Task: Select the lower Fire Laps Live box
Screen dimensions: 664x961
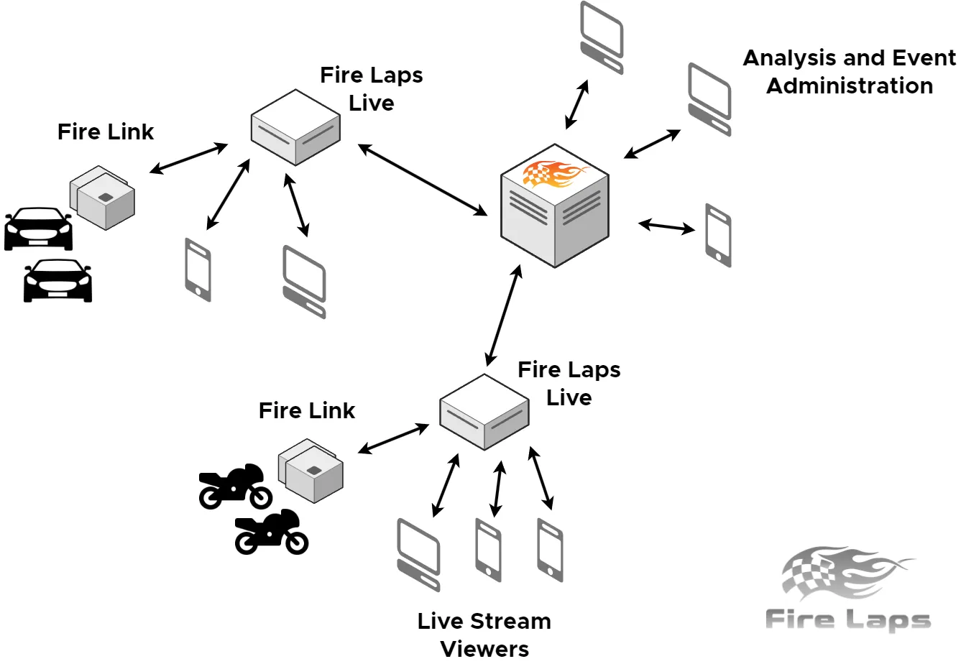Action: [484, 411]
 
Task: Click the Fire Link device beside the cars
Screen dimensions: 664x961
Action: [103, 197]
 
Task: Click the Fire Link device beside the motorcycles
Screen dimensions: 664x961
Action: [311, 471]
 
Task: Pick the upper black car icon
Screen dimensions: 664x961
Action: [38, 229]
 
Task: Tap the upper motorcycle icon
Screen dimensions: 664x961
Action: [235, 487]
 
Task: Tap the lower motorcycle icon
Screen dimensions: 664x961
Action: [272, 532]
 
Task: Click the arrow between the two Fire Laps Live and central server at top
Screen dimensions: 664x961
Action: [423, 180]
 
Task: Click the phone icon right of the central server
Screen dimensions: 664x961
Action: [718, 235]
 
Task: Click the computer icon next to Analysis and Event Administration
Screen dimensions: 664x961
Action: [709, 99]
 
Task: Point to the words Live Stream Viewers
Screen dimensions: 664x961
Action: [484, 634]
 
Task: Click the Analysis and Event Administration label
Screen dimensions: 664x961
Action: [850, 71]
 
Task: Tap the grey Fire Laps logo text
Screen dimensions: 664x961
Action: [847, 619]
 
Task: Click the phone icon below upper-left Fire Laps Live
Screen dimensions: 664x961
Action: [198, 269]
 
